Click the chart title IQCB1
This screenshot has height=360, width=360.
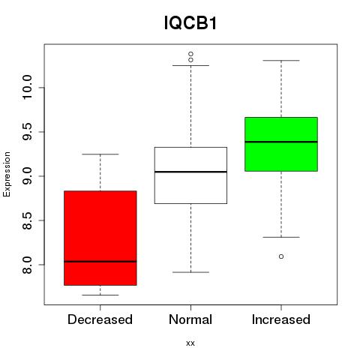pos(190,23)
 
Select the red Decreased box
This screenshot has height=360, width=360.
pos(100,238)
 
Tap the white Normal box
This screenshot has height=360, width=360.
pos(190,175)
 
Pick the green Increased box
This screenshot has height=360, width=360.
pos(281,144)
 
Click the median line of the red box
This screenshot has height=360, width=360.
pos(100,262)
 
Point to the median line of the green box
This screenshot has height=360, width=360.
pos(281,142)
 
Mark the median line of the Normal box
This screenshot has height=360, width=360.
pos(190,172)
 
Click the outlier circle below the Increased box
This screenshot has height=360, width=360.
pos(281,256)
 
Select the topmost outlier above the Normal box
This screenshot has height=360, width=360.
pos(190,54)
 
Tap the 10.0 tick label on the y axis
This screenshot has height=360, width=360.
pos(27,88)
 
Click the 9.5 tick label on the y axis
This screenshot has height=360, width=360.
pos(27,132)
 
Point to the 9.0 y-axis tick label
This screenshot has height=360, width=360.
pos(27,176)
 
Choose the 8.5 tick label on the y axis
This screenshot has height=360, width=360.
pos(27,220)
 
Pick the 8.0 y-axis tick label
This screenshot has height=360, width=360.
pos(27,265)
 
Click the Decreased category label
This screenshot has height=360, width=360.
pos(100,319)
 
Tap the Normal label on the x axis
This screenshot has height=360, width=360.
pos(190,319)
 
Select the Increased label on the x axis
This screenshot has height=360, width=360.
pos(281,319)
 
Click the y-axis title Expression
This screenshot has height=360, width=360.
pos(7,174)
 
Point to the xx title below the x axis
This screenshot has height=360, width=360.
pos(190,343)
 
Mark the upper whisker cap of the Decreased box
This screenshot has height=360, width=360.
pos(100,154)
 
